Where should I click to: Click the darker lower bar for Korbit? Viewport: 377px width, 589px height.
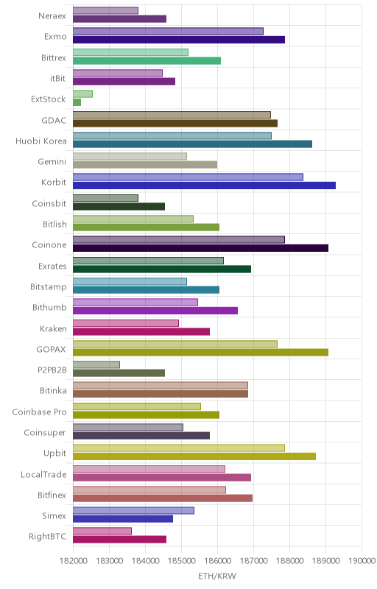point(204,186)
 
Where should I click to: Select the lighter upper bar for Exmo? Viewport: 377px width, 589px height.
point(168,31)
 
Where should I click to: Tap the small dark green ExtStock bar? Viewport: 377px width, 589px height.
point(77,102)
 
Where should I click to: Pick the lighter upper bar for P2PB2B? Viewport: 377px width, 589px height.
point(96,364)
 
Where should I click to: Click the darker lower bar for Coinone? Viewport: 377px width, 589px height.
point(200,248)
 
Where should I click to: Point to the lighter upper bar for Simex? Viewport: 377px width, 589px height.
point(133,510)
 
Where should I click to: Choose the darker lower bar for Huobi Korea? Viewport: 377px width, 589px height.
point(192,144)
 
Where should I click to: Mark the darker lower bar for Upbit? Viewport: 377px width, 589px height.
point(194,456)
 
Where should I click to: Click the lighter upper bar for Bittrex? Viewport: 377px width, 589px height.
point(130,52)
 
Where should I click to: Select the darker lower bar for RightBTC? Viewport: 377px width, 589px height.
point(119,540)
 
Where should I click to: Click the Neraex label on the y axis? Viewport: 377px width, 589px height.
point(52,15)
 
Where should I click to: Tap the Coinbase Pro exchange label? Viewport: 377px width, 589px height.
point(40,412)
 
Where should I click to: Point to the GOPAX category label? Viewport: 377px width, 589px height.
point(51,349)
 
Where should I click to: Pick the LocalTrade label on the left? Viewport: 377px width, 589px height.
point(43,474)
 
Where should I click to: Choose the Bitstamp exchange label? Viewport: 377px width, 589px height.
point(49,287)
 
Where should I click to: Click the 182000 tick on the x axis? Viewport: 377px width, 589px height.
point(73,561)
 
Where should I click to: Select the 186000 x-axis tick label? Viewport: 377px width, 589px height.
point(217,561)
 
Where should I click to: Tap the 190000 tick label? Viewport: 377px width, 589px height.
point(362,561)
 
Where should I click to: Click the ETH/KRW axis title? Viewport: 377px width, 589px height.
point(217,576)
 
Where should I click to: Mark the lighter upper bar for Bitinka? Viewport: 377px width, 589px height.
point(161,385)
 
